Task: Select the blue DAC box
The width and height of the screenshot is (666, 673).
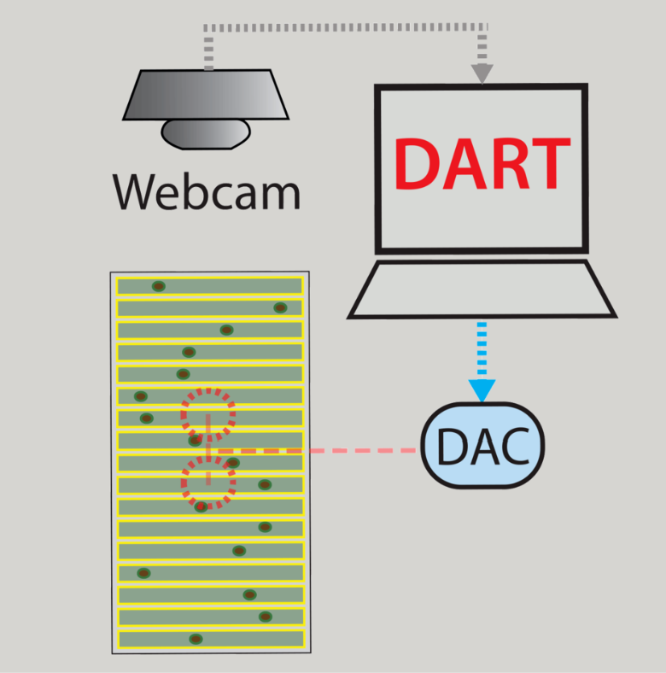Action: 482,446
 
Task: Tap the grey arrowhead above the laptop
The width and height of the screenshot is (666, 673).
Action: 482,73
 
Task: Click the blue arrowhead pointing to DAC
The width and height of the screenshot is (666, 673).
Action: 482,389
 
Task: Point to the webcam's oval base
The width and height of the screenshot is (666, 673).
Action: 206,133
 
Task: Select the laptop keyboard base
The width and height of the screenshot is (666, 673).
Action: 482,289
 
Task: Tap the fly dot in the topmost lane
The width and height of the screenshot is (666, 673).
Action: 158,286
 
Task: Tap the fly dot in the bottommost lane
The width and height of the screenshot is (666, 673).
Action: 196,639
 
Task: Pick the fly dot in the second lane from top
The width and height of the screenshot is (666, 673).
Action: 279,307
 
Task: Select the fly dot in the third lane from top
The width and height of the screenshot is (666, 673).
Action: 226,330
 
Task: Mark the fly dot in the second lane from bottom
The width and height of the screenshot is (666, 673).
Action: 266,617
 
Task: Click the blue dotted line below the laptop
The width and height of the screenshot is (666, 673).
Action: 482,350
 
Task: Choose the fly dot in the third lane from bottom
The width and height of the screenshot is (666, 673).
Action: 249,594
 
